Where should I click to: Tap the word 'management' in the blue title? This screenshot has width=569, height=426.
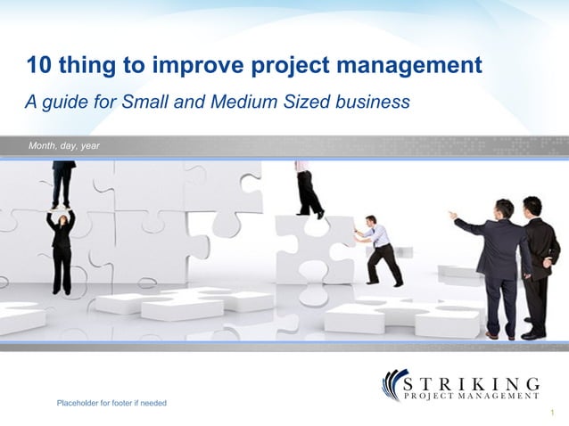402,65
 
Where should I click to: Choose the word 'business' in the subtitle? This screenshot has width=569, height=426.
367,102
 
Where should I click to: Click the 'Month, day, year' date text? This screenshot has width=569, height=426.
64,145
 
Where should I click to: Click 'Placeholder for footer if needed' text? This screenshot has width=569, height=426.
111,404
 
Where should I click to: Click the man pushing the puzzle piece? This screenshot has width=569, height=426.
380,250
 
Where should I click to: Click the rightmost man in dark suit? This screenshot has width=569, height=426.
538,263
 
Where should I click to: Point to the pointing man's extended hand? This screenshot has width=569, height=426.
452,215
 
